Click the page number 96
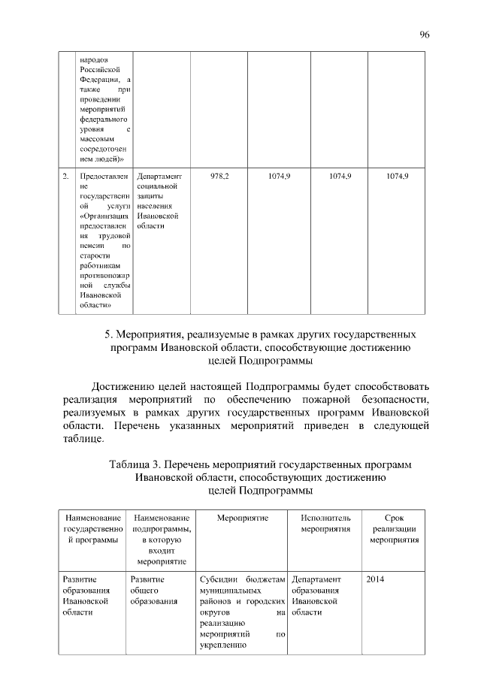coord(424,35)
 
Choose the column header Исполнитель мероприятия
coord(325,523)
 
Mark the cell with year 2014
coord(375,579)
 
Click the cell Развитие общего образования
coord(153,590)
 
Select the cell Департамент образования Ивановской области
coord(316,595)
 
